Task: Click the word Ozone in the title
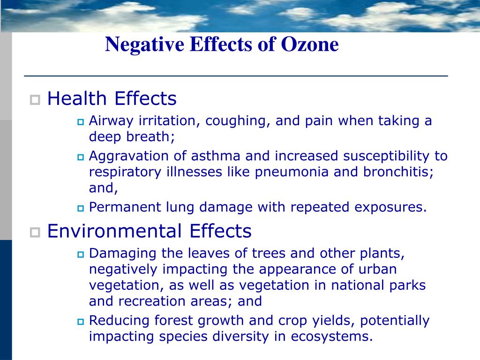(x=309, y=45)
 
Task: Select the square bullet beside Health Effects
(x=35, y=100)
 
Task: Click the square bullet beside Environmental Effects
(x=35, y=232)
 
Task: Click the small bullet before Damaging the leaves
(x=80, y=254)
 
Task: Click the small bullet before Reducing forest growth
(x=80, y=322)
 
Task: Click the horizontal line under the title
(x=236, y=75)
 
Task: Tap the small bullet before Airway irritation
(x=80, y=122)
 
